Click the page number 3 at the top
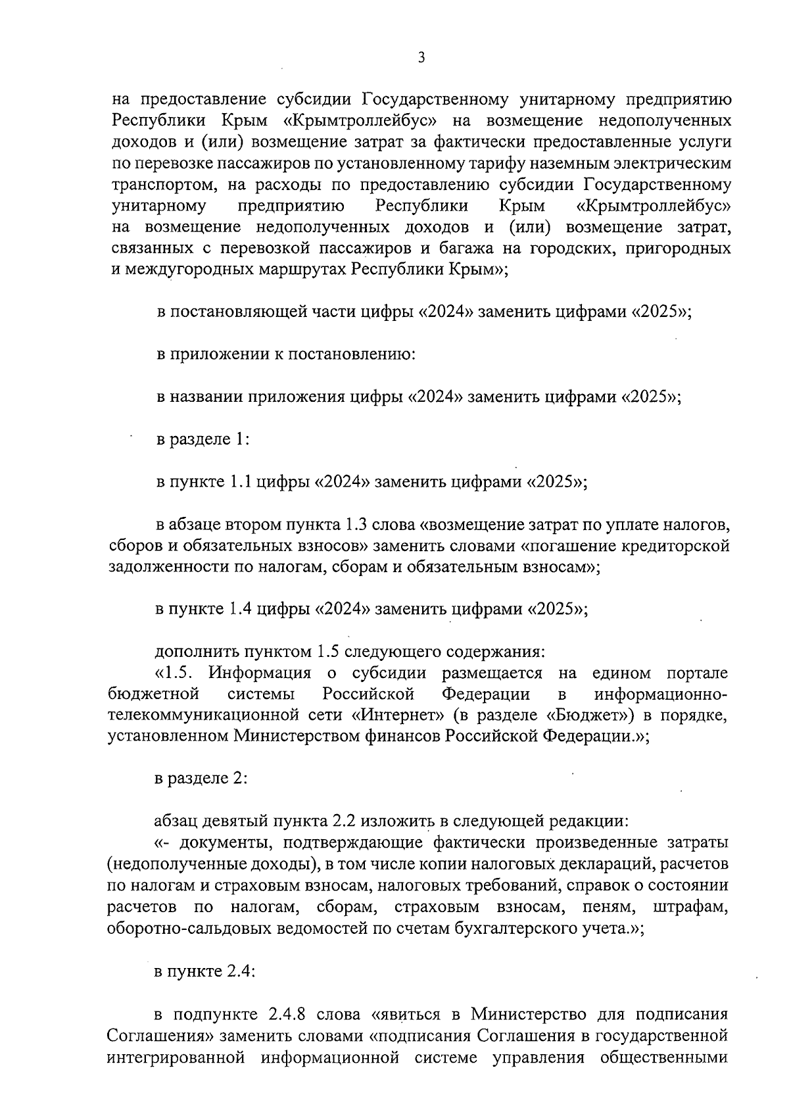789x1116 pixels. coord(421,58)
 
